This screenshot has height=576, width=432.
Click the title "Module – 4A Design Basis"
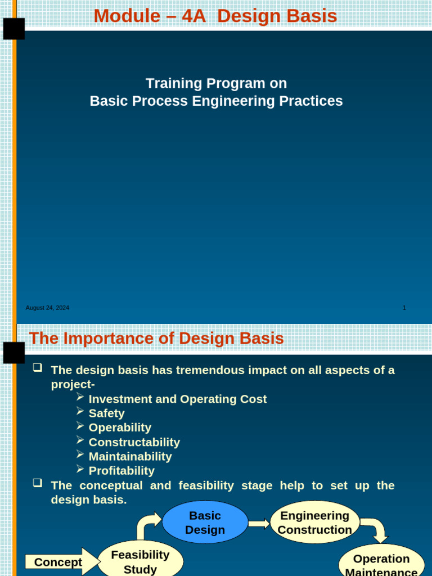tap(215, 16)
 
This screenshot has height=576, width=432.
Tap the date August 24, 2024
tap(47, 308)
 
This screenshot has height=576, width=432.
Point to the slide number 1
tap(404, 308)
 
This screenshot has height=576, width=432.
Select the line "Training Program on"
tap(216, 83)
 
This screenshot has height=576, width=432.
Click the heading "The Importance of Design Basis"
tap(156, 339)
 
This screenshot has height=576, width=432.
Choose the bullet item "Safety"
tap(106, 413)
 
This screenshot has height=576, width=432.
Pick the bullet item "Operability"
tap(120, 427)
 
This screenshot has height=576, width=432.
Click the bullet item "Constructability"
tap(134, 442)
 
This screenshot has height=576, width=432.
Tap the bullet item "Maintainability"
tap(130, 456)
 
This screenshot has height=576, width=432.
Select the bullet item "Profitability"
tap(121, 471)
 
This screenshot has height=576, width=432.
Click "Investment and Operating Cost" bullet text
tap(177, 399)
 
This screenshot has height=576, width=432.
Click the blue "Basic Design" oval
tap(205, 523)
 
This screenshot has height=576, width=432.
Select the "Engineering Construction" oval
tap(314, 523)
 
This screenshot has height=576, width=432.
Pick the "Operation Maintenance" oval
tap(381, 563)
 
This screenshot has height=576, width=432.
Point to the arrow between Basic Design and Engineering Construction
tap(259, 524)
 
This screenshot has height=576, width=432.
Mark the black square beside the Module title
tap(13, 29)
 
